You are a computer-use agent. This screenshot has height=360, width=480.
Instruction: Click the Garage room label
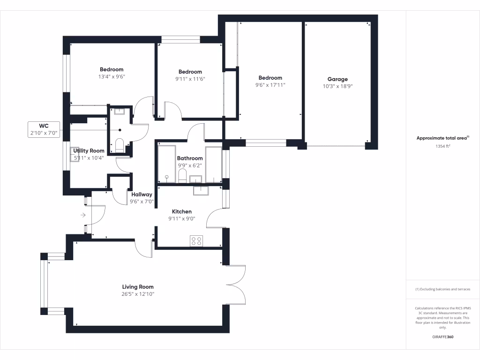click(x=337, y=79)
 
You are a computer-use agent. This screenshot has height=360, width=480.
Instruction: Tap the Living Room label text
click(x=138, y=287)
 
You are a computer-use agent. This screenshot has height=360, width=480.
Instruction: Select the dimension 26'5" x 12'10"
click(x=138, y=294)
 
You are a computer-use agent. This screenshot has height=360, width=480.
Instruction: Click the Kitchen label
click(x=181, y=211)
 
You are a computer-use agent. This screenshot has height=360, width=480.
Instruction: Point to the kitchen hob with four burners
click(x=196, y=241)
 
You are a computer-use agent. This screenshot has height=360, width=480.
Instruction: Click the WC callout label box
click(x=44, y=129)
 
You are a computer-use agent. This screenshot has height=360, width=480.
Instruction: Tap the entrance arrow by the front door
click(x=83, y=215)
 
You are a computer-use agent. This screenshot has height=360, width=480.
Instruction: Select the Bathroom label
click(x=190, y=158)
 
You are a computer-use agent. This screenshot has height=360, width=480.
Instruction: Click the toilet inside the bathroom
click(x=182, y=176)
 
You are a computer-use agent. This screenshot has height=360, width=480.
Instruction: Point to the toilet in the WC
click(x=119, y=145)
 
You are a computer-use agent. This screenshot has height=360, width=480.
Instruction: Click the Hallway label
click(x=142, y=195)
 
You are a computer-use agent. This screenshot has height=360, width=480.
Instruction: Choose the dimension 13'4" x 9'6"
click(x=112, y=76)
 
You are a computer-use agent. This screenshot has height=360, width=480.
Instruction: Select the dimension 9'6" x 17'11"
click(x=270, y=85)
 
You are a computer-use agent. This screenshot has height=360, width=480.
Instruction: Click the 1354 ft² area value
click(x=443, y=146)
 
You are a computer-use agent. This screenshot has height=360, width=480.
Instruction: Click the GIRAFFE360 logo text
click(x=443, y=337)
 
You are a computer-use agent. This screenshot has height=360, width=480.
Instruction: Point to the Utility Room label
click(x=89, y=150)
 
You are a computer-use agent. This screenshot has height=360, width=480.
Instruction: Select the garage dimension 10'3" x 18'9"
click(x=337, y=86)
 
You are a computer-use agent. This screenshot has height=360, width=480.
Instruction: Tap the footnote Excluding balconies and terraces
click(x=443, y=289)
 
